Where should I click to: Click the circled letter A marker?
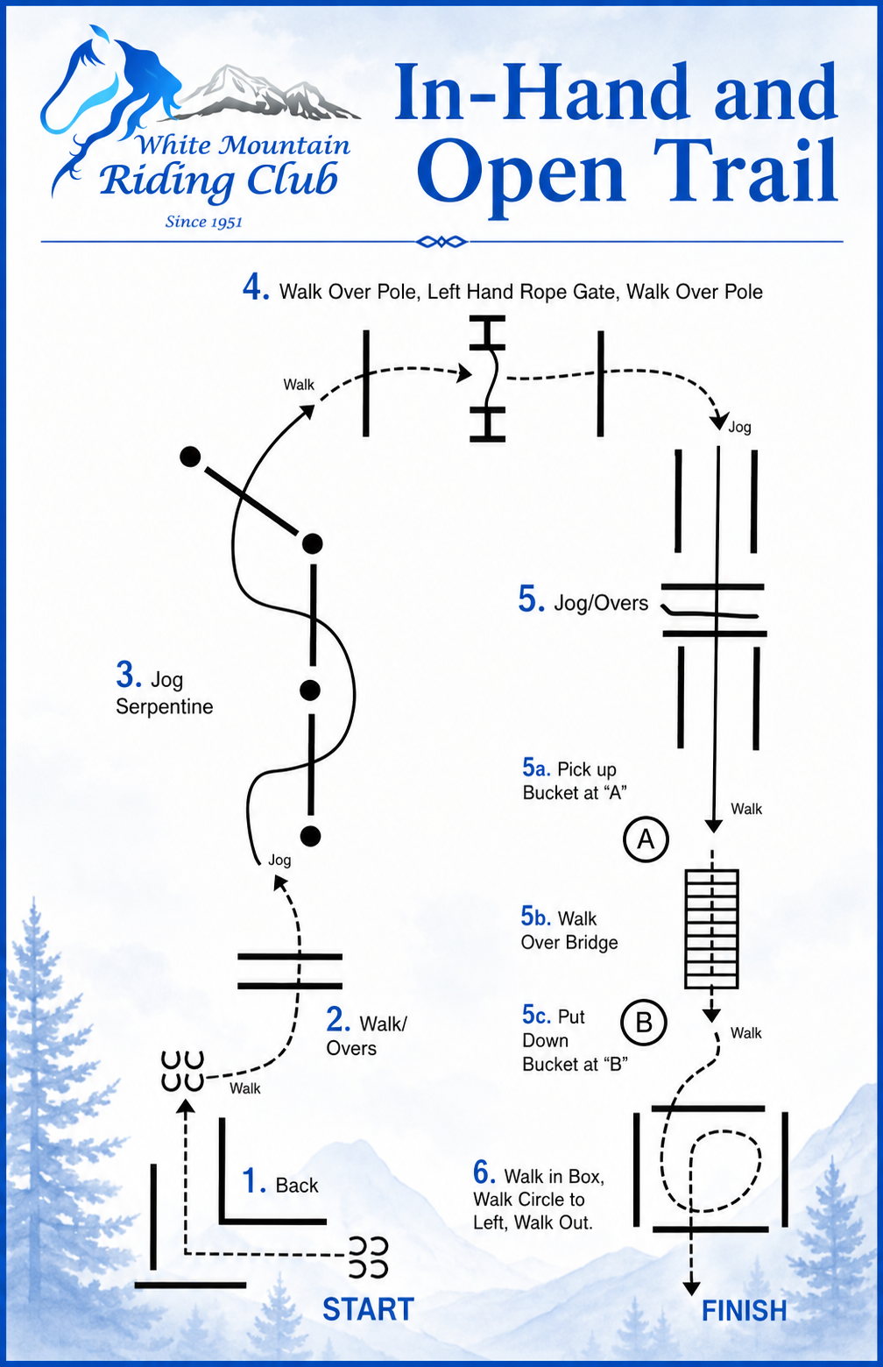coord(646,839)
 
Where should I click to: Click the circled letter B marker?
coord(644,1023)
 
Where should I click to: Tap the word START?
coord(368,1309)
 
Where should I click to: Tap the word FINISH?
coord(745,1310)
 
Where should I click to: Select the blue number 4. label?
coord(257,287)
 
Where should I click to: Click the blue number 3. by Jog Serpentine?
coord(130,675)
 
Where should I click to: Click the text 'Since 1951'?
coord(204,222)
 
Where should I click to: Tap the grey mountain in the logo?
coord(269,91)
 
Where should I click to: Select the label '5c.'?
coord(536,1016)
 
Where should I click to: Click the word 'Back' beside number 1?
coord(297,1185)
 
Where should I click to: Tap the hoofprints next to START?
coord(368,1257)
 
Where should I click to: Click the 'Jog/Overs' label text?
coord(601,603)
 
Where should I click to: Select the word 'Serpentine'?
coord(165,706)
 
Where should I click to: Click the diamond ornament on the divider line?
coord(441,242)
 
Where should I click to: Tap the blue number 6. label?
coord(484,1172)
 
